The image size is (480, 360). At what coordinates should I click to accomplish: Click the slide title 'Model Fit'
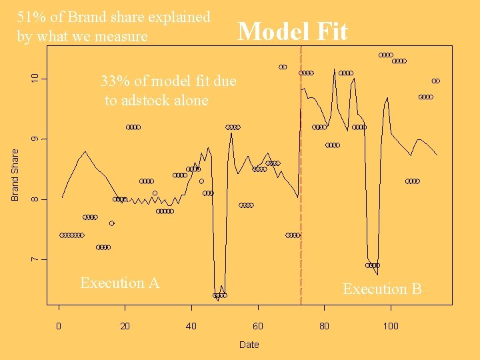coord(293,31)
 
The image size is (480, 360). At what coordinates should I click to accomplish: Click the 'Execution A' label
coord(119,283)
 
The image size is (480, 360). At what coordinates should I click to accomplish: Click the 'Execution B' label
coord(382,289)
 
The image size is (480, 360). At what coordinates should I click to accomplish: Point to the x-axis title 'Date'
coord(249,345)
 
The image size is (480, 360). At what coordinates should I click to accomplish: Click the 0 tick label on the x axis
coord(59,326)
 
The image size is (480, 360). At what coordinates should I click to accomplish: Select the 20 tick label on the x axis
coord(125,326)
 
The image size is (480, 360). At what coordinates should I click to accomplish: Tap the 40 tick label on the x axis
coord(191,326)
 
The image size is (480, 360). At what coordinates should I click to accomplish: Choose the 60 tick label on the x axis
coord(257,326)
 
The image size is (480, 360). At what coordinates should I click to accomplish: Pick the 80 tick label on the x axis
coord(324,326)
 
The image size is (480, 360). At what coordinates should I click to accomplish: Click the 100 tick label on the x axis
coord(390,326)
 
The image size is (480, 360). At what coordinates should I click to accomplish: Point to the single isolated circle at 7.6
coord(112,223)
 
